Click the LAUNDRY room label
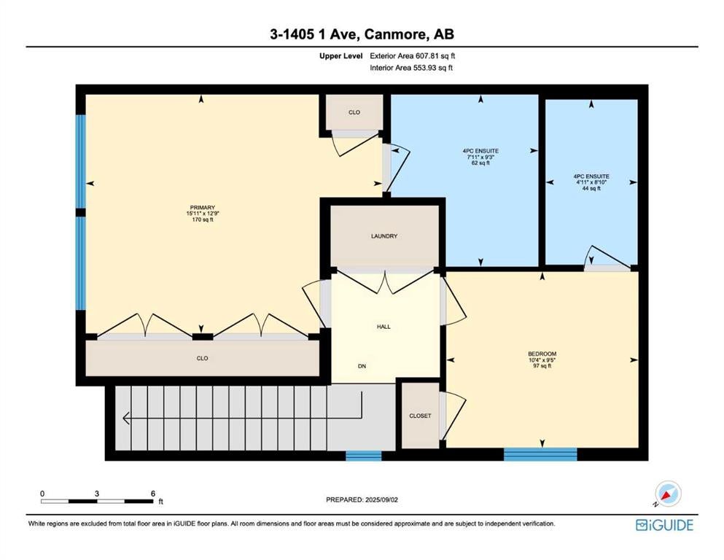[x=384, y=236]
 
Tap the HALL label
[x=384, y=327]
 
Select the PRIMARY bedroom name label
[x=202, y=208]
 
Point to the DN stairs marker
[x=362, y=366]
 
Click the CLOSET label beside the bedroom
[x=420, y=416]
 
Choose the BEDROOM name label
[x=542, y=354]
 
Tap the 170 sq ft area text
[x=202, y=219]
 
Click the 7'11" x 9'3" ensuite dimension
[x=480, y=157]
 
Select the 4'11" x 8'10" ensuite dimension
[x=591, y=182]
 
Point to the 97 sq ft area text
[x=542, y=366]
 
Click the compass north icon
[x=668, y=494]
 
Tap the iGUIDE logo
[x=664, y=526]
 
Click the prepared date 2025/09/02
[x=381, y=499]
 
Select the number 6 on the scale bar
[x=153, y=494]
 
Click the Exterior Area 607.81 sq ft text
[x=413, y=56]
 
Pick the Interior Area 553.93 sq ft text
[x=411, y=68]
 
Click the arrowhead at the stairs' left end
[x=125, y=419]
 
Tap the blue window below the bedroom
[x=540, y=454]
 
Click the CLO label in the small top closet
[x=354, y=112]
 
